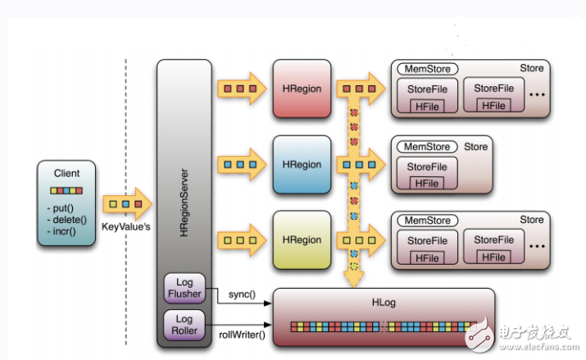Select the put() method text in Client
click(x=61, y=207)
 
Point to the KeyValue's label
click(x=126, y=226)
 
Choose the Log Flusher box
click(x=184, y=289)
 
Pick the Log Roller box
click(x=184, y=326)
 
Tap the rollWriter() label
click(x=246, y=334)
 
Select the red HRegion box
click(x=302, y=88)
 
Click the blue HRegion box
click(x=302, y=164)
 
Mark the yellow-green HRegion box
click(x=302, y=240)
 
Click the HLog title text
click(x=384, y=302)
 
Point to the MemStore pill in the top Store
click(x=427, y=70)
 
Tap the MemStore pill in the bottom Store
click(x=427, y=221)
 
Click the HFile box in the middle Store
click(x=426, y=184)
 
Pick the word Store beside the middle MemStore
click(x=476, y=148)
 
